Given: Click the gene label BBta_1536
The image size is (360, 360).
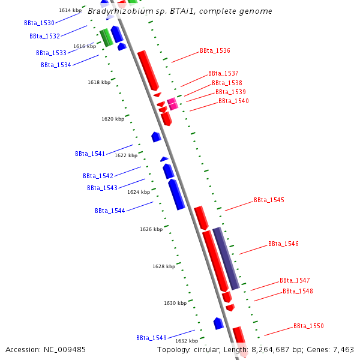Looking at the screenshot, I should coord(215,51).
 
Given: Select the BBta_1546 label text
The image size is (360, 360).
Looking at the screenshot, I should coord(283,244).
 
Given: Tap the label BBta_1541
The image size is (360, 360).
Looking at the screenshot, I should coord(90,154).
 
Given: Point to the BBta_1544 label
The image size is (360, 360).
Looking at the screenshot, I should coord(110,211).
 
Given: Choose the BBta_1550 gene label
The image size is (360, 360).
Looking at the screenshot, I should coord(308,326).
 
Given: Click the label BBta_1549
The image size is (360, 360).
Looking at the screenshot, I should coord(151,338).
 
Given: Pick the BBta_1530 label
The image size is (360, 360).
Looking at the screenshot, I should coord(39,23).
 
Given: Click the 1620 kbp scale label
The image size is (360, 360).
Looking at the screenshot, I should coord(113,119).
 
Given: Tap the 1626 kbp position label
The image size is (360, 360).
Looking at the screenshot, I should coord(151,229).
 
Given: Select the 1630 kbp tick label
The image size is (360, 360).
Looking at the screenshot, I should coord(175,303).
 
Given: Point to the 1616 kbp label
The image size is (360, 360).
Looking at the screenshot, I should coord(85,46).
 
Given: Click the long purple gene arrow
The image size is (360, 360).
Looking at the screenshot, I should coord(226,258).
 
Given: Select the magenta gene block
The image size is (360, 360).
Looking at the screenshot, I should coord(172,104).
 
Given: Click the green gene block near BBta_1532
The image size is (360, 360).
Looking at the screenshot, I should coord(106,37).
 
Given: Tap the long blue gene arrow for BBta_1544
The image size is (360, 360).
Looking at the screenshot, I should coord(176,194).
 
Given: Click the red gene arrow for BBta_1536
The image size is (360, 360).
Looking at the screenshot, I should coord(148,70).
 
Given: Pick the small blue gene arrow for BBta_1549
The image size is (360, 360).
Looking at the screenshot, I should coord(218,323).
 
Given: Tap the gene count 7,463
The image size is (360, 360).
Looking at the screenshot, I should coord(341,349).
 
